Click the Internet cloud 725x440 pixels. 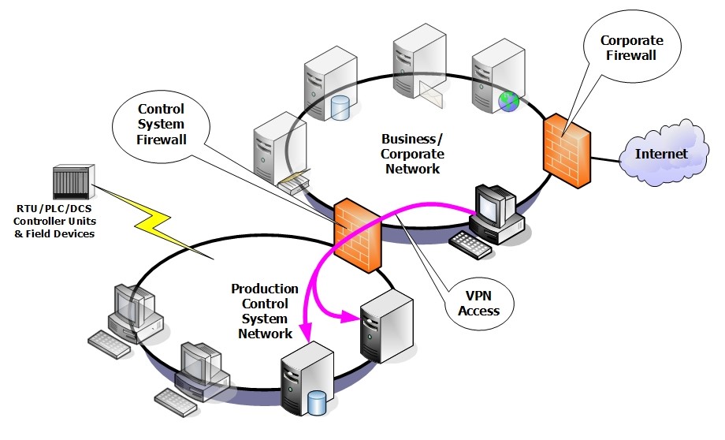pyautogui.click(x=662, y=154)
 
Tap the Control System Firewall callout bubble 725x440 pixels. pyautogui.click(x=161, y=125)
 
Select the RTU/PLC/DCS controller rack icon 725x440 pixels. pyautogui.click(x=73, y=182)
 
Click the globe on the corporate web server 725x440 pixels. pyautogui.click(x=509, y=100)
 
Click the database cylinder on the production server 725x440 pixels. pyautogui.click(x=316, y=405)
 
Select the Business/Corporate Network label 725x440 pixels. pyautogui.click(x=412, y=154)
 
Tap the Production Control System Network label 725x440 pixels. pyautogui.click(x=265, y=311)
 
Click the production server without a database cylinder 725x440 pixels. pyautogui.click(x=385, y=324)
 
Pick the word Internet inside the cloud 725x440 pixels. pyautogui.click(x=662, y=154)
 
